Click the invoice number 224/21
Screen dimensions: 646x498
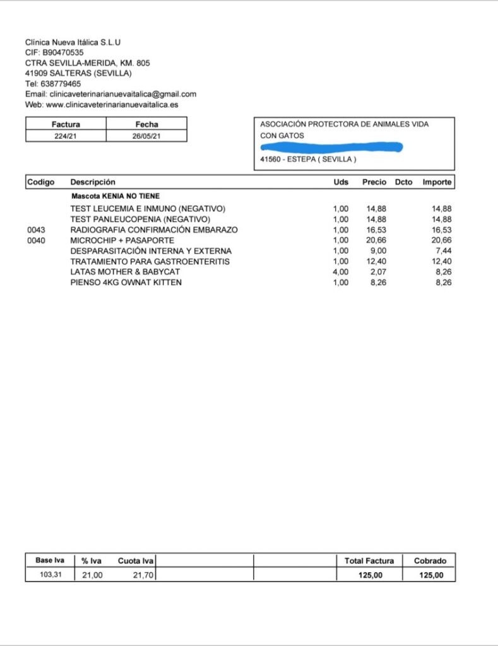66,136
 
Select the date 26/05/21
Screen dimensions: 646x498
146,136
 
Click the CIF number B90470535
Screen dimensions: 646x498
62,53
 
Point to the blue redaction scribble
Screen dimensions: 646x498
331,148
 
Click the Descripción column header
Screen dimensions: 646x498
93,182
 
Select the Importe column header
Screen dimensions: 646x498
437,182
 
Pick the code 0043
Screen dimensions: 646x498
37,230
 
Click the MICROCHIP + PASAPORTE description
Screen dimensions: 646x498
122,240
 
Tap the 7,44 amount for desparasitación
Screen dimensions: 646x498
443,251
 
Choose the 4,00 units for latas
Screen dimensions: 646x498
340,272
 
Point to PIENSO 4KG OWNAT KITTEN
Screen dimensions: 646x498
126,283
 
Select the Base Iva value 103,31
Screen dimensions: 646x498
50,575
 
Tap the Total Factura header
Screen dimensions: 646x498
369,561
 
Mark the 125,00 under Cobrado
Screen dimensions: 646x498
431,575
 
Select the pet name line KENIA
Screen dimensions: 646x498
116,196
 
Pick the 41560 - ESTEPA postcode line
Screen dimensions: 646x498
308,160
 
